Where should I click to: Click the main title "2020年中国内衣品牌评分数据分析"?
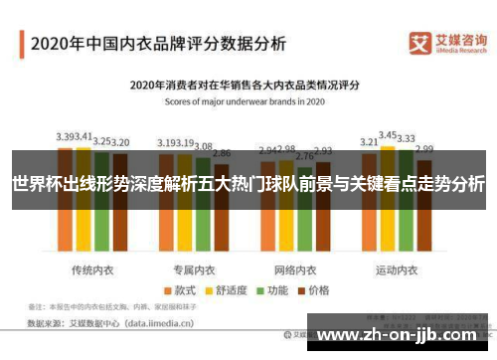[x=158, y=44]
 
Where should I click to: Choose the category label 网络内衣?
[x=294, y=242]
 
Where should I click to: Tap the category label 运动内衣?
[x=396, y=242]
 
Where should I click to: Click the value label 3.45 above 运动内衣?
[x=389, y=134]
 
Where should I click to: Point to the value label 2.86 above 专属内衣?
[x=222, y=153]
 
